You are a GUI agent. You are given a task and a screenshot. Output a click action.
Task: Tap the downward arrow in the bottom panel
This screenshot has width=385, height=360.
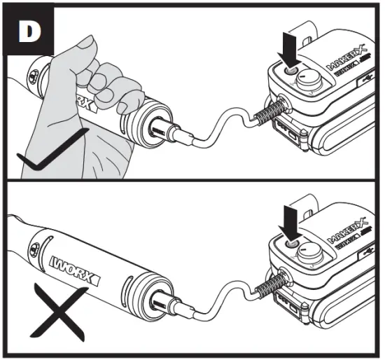[x=288, y=222]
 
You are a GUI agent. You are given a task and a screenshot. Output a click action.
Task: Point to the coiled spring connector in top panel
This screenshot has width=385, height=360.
[x=272, y=111]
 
